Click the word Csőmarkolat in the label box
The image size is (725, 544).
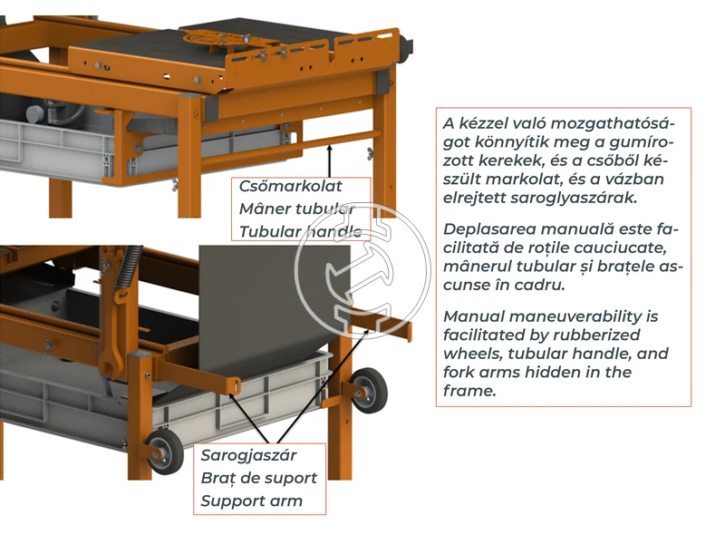[x=290, y=187]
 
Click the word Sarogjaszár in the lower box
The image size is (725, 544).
[x=248, y=455]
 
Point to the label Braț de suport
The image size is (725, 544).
[x=258, y=478]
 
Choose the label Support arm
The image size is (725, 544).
[x=252, y=500]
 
